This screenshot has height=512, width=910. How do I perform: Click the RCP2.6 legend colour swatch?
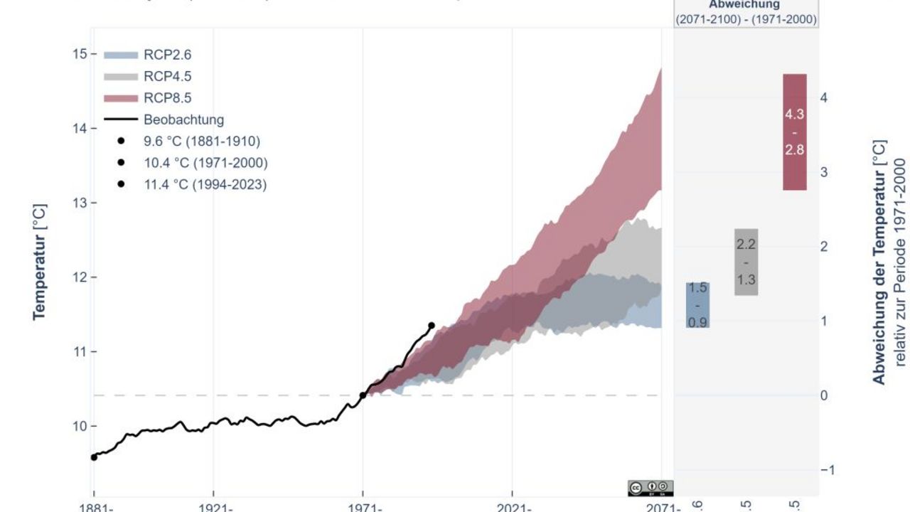click(x=120, y=55)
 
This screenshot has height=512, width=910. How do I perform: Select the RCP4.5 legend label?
click(x=167, y=77)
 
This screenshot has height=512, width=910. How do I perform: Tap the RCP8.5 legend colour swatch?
click(x=120, y=98)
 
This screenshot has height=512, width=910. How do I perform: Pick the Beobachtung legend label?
click(x=183, y=119)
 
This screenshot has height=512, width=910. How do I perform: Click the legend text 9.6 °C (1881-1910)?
click(x=202, y=142)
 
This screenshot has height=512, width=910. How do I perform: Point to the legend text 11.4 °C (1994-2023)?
click(x=205, y=184)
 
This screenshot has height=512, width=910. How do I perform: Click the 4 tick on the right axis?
click(x=824, y=97)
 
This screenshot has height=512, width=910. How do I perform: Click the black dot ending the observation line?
click(x=432, y=326)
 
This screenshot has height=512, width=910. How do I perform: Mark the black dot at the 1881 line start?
click(x=94, y=457)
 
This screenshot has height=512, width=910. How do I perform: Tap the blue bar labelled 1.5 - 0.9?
click(x=697, y=305)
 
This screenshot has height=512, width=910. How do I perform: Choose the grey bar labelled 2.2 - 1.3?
click(x=746, y=262)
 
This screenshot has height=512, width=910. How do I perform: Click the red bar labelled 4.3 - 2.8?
click(x=795, y=132)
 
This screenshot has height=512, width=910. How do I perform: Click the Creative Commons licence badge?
click(x=651, y=488)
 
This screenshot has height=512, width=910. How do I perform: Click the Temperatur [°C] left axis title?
click(x=40, y=262)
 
